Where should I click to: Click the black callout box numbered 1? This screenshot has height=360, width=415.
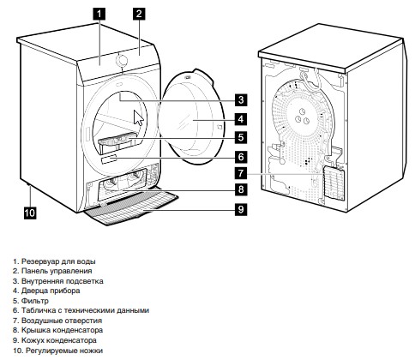click(x=99, y=14)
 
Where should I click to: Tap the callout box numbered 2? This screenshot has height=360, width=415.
click(x=139, y=14)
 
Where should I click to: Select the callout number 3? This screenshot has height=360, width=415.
click(x=241, y=99)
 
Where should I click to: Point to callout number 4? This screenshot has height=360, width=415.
click(x=241, y=119)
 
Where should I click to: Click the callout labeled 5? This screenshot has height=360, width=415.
click(x=241, y=137)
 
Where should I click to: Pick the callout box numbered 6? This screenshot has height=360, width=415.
click(x=241, y=157)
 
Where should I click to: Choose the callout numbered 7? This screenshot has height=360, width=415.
click(x=241, y=173)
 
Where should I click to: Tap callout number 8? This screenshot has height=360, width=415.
click(x=241, y=189)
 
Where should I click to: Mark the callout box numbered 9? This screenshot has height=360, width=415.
click(x=241, y=209)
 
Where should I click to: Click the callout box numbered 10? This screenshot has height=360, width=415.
click(x=30, y=213)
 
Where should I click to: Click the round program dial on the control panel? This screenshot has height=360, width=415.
click(x=122, y=60)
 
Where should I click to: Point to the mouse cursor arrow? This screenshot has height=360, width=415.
click(x=138, y=117)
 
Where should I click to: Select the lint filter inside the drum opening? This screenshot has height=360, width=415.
click(x=117, y=140)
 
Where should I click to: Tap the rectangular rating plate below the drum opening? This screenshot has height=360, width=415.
click(x=109, y=159)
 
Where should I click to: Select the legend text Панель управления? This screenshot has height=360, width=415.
click(x=57, y=271)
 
